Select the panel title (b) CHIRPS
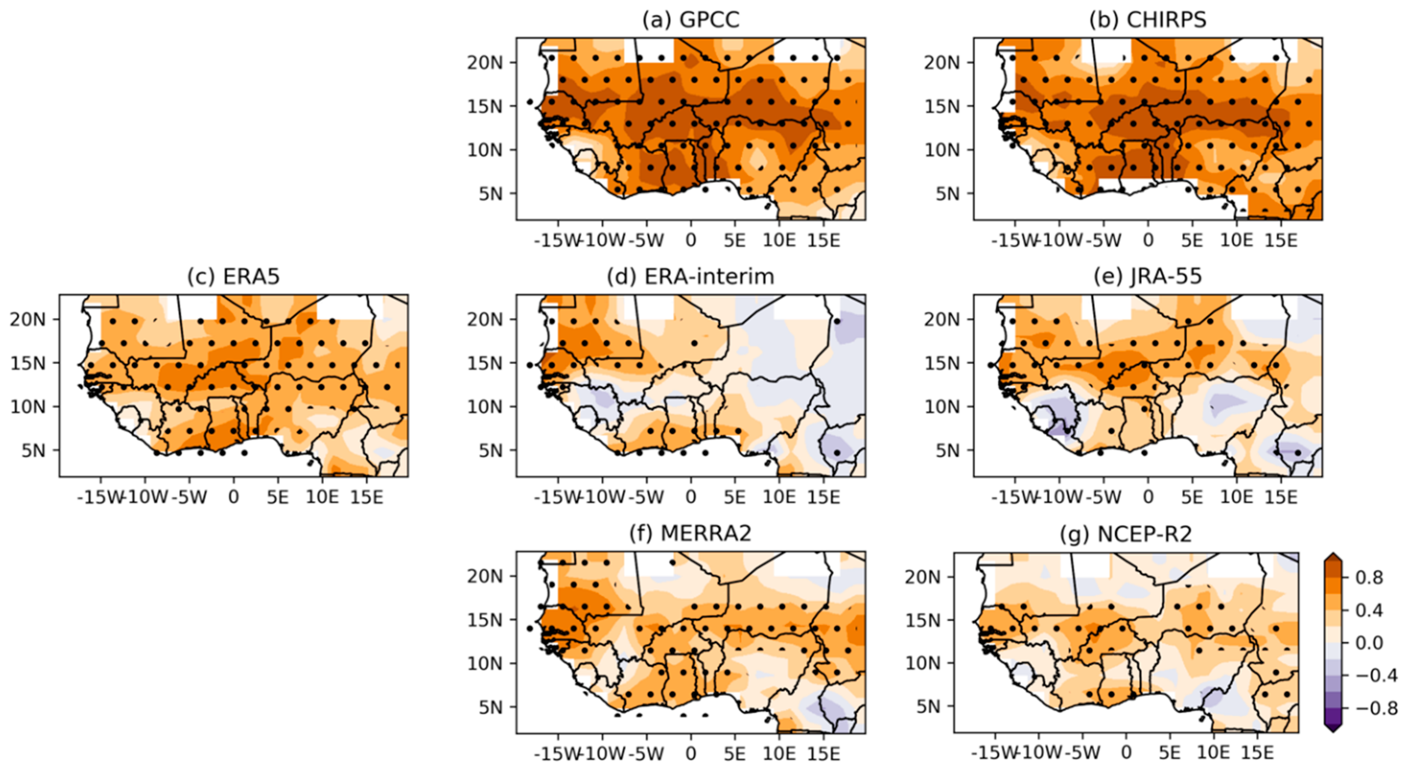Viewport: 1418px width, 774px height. [x=1148, y=20]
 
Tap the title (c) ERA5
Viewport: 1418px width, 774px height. [x=234, y=276]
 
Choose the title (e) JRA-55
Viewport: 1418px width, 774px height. [x=1148, y=276]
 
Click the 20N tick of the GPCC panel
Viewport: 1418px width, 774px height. [x=484, y=63]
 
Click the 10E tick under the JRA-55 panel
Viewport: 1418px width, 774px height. [x=1236, y=497]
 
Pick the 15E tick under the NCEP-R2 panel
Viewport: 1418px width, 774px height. [x=1257, y=752]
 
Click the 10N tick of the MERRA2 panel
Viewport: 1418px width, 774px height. [x=484, y=664]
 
